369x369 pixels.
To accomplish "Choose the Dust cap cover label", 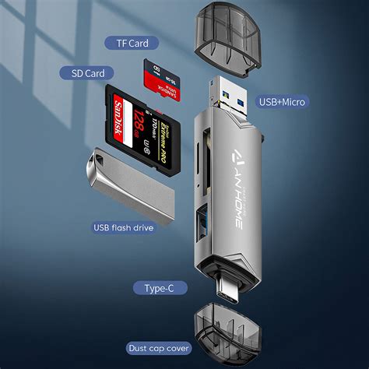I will (x=159, y=348).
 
